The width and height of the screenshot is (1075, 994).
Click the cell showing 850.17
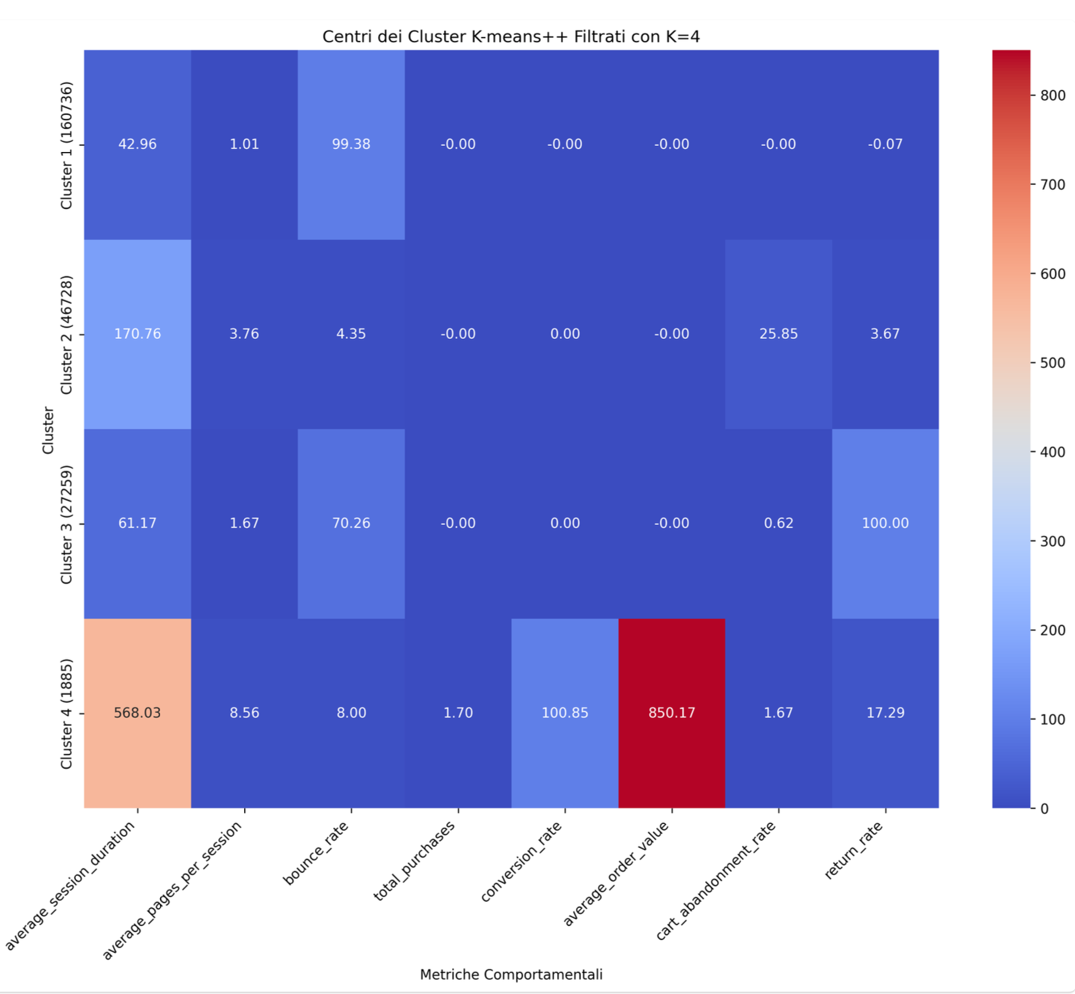(x=671, y=713)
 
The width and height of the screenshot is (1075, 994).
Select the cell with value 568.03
(x=137, y=713)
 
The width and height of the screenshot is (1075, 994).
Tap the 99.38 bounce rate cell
(x=351, y=145)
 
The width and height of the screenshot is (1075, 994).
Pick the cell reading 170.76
(x=137, y=334)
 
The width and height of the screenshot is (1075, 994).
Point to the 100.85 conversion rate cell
(x=564, y=713)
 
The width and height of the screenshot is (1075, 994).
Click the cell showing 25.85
(x=778, y=334)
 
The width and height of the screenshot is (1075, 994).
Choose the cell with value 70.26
(x=351, y=523)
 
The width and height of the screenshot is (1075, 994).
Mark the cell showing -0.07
(x=885, y=145)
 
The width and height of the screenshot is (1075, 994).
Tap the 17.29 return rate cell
(x=885, y=713)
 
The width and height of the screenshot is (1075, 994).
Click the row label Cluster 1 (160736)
(x=66, y=145)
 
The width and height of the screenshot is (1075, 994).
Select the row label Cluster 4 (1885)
(x=66, y=714)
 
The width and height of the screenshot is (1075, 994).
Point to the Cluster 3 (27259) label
(x=66, y=524)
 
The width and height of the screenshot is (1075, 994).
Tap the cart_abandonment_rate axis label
(x=716, y=881)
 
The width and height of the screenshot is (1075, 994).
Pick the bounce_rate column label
(x=316, y=853)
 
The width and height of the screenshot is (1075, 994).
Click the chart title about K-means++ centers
(x=511, y=36)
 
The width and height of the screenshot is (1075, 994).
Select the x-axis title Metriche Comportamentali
(x=511, y=974)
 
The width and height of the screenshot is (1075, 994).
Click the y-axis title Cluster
(x=48, y=430)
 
